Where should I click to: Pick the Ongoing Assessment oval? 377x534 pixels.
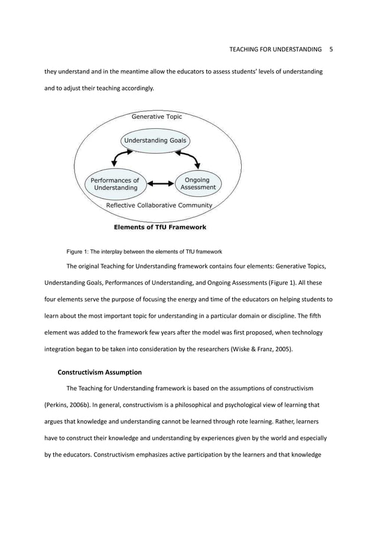click(198, 183)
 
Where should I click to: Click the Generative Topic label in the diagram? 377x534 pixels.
click(157, 117)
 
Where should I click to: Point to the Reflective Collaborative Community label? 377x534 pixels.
click(158, 205)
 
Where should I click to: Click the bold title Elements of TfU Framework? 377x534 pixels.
click(160, 226)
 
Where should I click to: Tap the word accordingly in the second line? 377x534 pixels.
click(135, 88)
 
